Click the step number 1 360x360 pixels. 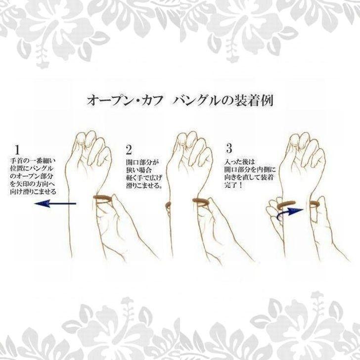coord(17,148)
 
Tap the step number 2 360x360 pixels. coord(130,149)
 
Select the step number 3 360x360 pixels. coord(228,148)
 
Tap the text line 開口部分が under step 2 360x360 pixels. coord(143,162)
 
